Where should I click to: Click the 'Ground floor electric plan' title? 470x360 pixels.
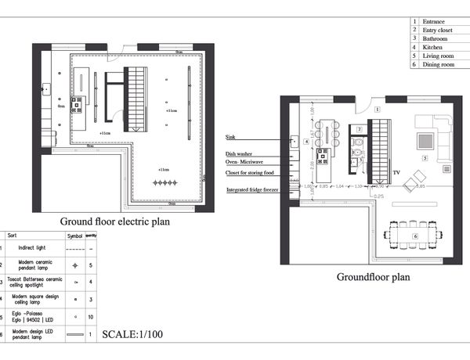115,221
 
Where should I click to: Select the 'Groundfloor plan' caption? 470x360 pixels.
373,276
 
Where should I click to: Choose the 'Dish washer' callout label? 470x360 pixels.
239,154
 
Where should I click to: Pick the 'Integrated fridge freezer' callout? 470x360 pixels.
253,190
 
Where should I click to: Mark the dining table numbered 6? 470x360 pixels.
413,234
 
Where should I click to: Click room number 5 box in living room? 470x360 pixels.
424,158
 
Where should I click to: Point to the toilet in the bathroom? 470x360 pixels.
356,143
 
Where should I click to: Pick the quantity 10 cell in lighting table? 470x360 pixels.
92,316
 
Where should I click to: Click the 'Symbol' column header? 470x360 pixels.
74,235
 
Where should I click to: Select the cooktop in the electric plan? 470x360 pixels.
77,105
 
